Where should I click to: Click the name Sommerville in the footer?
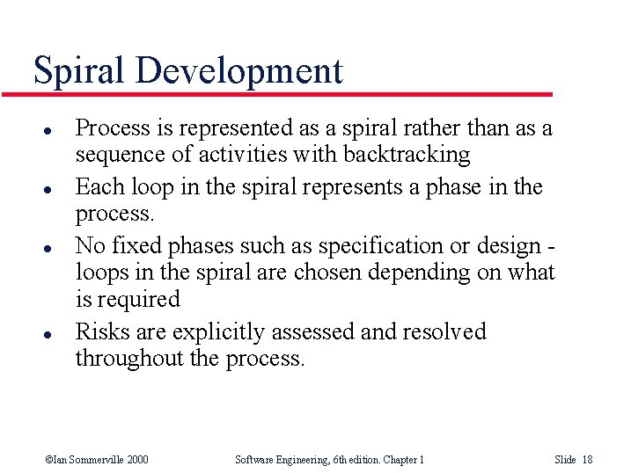[x=85, y=459]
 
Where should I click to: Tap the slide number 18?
[x=588, y=459]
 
